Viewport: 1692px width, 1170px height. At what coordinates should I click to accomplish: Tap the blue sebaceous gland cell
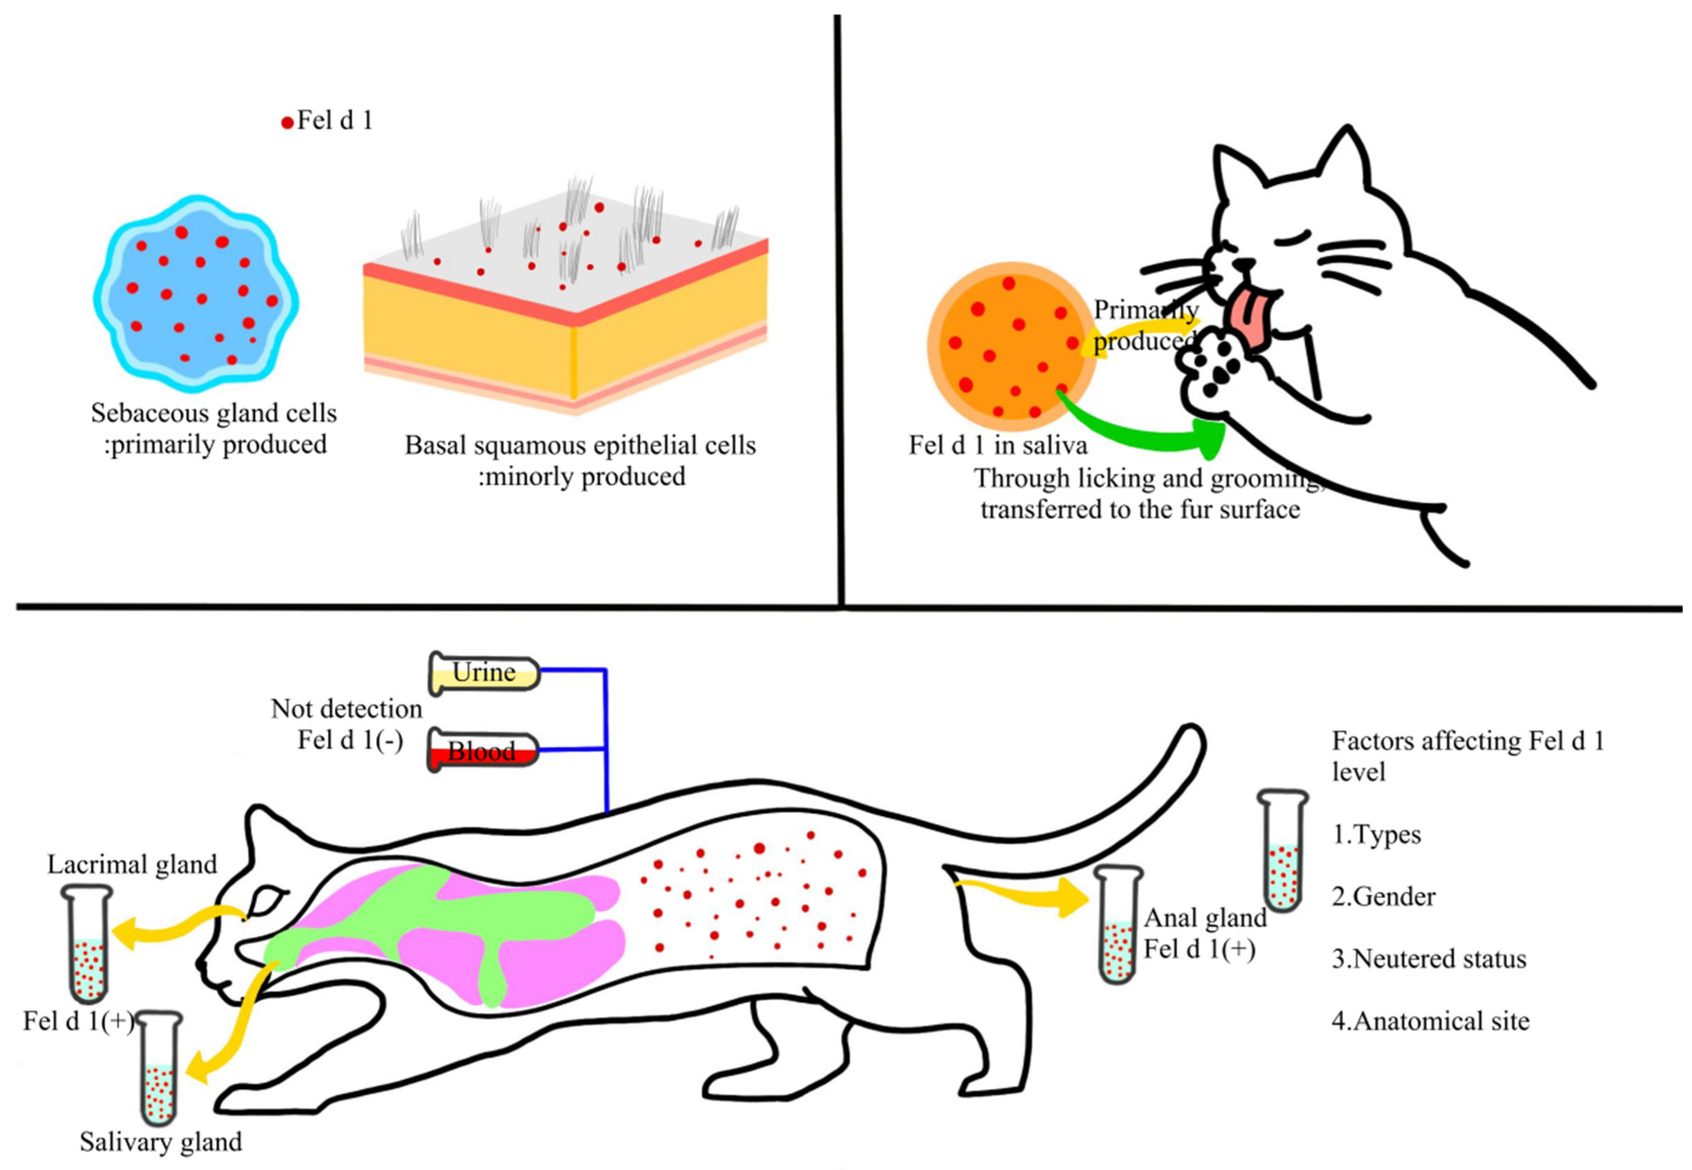pyautogui.click(x=195, y=293)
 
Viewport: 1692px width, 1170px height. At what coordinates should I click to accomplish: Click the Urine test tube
pyautogui.click(x=484, y=673)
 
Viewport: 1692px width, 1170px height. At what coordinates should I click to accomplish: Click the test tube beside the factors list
pyautogui.click(x=1283, y=850)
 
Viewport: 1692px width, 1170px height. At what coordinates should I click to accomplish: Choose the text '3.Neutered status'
pyautogui.click(x=1428, y=959)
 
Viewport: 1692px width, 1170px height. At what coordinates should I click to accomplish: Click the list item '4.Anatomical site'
pyautogui.click(x=1430, y=1021)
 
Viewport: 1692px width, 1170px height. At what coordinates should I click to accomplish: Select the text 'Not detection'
pyautogui.click(x=346, y=709)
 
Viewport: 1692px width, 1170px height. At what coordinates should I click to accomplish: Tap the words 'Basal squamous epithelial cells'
pyautogui.click(x=579, y=445)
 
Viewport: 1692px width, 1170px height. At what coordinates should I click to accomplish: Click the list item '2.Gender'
pyautogui.click(x=1383, y=896)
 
